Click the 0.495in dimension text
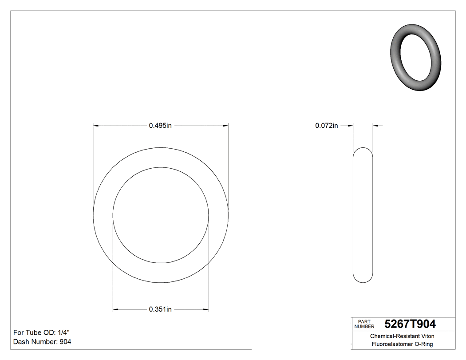(160, 126)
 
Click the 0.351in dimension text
(160, 309)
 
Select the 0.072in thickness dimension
(327, 126)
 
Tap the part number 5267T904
(410, 324)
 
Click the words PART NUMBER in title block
(363, 324)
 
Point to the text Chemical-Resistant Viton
(402, 336)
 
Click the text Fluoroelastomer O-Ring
(402, 344)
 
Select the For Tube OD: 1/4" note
(41, 332)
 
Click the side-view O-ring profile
(363, 215)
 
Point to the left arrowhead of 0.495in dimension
(96, 126)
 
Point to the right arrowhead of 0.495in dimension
(225, 126)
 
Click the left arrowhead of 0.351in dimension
(116, 309)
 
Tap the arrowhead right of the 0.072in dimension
(375, 126)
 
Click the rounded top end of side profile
(363, 151)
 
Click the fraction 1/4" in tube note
(63, 332)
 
